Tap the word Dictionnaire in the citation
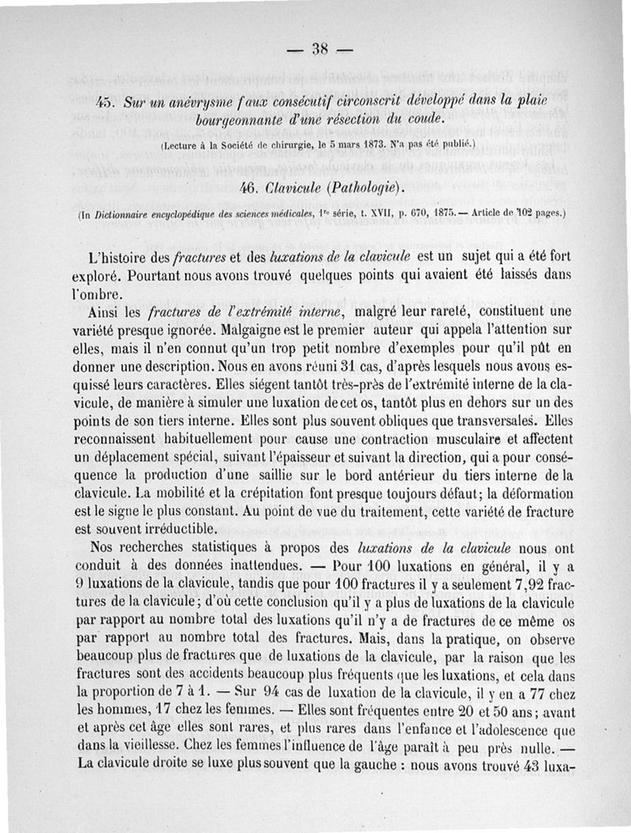point(126,213)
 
